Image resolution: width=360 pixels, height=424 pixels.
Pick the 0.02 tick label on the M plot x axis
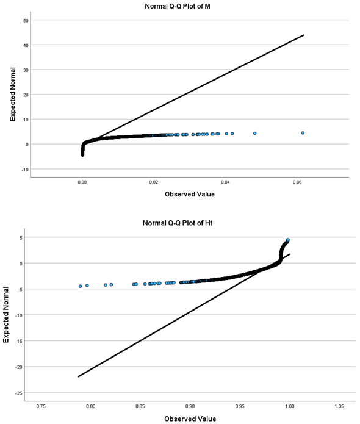pos(154,182)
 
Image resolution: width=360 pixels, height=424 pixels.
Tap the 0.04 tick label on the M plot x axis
pos(226,182)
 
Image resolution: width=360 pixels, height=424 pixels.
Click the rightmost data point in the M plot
pos(303,132)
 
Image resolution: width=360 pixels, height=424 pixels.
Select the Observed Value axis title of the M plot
pos(190,195)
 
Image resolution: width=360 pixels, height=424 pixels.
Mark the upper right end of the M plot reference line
pos(303,35)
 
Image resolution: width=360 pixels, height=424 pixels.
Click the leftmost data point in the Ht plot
pos(80,286)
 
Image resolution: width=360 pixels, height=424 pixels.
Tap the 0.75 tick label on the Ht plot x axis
pos(41,406)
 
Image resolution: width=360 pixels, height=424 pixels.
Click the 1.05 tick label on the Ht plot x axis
pos(339,406)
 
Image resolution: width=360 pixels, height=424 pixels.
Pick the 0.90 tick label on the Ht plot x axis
pos(190,406)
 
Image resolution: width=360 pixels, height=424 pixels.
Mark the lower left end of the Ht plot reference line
pos(79,376)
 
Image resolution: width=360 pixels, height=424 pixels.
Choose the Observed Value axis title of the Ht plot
pos(190,419)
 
